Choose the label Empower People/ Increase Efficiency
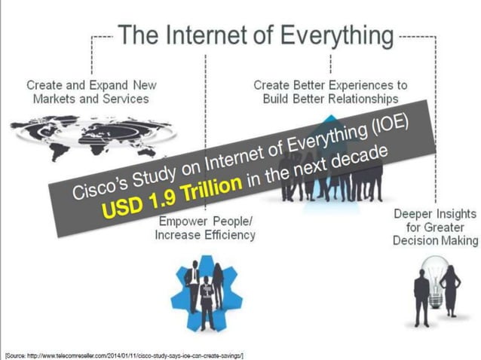pos(205,228)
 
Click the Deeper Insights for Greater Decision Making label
pos(436,227)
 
